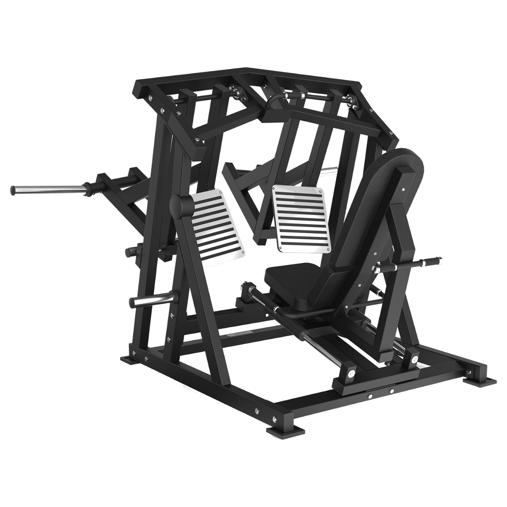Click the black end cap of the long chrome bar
tap(14, 190)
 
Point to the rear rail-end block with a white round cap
tap(414, 358)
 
